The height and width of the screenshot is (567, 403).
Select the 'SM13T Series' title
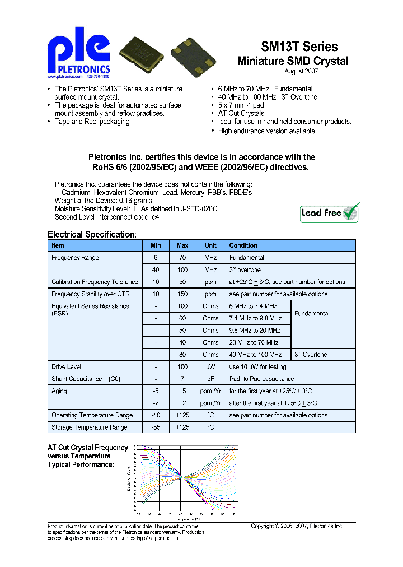tap(299, 47)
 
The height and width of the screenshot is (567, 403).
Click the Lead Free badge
tap(330, 212)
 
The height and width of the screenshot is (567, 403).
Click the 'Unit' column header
tap(210, 245)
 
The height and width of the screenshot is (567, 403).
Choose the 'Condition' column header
tap(243, 245)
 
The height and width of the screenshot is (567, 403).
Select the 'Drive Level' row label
tap(67, 367)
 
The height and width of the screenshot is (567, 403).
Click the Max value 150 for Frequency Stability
tap(182, 294)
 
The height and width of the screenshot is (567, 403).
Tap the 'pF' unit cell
tap(210, 379)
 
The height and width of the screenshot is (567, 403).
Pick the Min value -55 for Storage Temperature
tap(156, 427)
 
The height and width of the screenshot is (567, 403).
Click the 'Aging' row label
tap(59, 391)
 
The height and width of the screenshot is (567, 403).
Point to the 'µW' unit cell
tap(210, 367)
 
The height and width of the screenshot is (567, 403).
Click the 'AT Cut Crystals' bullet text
tap(241, 114)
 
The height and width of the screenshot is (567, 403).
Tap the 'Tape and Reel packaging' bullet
tap(92, 122)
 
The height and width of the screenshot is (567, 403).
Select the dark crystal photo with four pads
tap(194, 54)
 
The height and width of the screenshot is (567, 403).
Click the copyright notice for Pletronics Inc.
tap(297, 526)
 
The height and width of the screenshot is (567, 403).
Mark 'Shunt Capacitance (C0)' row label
tap(86, 379)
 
